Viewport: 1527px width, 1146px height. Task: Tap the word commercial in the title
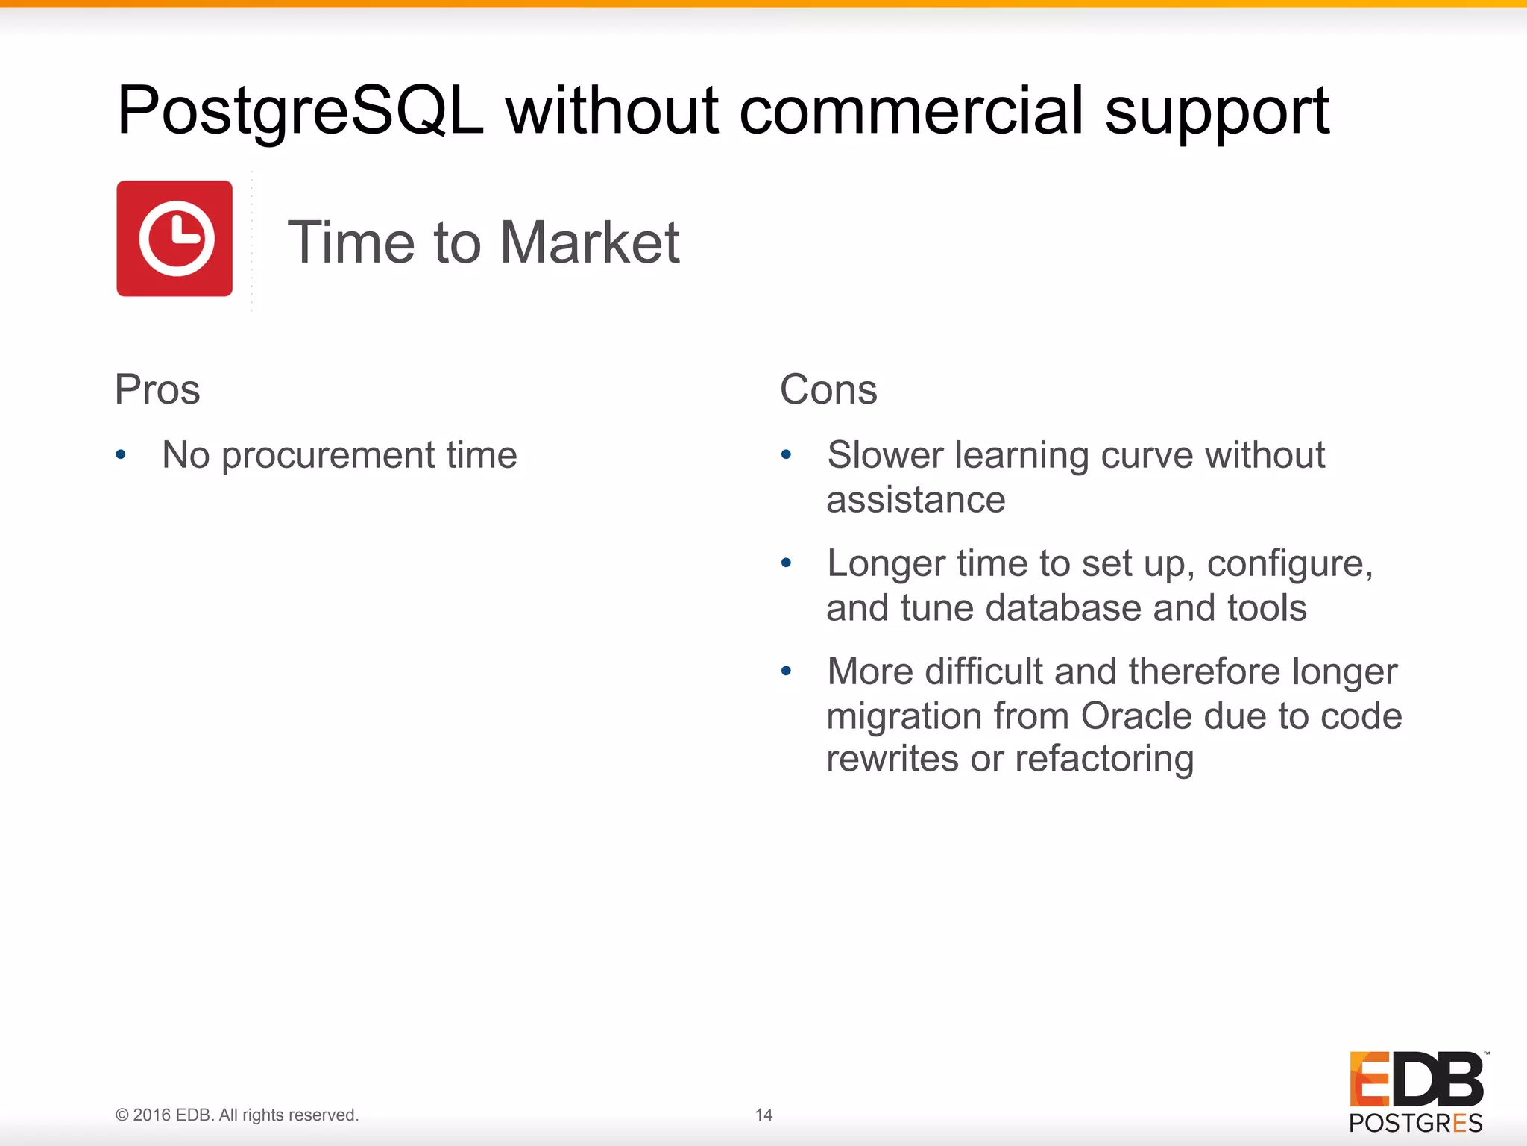[x=911, y=112]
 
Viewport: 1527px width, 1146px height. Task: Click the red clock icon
[x=174, y=239]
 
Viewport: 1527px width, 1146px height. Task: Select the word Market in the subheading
[x=589, y=242]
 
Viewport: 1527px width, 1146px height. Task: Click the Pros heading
[x=157, y=389]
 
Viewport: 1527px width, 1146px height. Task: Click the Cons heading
[x=828, y=389]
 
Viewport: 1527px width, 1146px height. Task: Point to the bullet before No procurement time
[x=121, y=454]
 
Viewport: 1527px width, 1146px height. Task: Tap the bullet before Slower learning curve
[x=786, y=454]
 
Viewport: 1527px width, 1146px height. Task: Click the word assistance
[x=916, y=499]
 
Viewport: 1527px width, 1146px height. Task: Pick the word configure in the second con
[x=1289, y=564]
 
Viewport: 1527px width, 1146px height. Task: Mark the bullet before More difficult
[x=786, y=671]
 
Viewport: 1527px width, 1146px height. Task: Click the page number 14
[x=763, y=1115]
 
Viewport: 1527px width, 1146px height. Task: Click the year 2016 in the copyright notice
[x=152, y=1115]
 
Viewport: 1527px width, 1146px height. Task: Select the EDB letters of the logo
[x=1416, y=1079]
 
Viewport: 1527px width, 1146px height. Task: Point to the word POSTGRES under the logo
[x=1415, y=1123]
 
